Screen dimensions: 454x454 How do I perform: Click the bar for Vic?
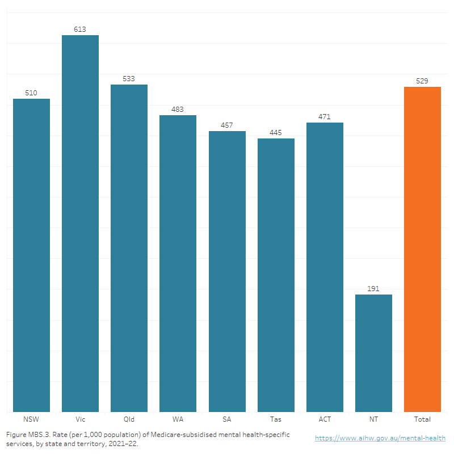tap(80, 224)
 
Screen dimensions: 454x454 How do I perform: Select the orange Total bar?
tap(422, 249)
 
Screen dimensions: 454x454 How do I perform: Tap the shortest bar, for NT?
tap(373, 353)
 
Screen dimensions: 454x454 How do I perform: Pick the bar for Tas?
tap(276, 275)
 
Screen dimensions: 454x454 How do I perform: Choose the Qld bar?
tap(129, 248)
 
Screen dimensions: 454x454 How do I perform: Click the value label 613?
tap(80, 29)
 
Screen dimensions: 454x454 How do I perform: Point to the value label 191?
tap(373, 288)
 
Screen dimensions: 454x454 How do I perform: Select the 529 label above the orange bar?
tap(422, 81)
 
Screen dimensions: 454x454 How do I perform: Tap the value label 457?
tap(227, 125)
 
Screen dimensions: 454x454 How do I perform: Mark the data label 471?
tap(325, 116)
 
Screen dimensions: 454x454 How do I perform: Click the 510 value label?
tap(31, 93)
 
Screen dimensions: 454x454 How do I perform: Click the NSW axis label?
tap(31, 419)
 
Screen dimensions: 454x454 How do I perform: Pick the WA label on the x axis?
tap(178, 419)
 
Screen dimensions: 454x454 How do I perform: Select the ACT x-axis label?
tap(325, 419)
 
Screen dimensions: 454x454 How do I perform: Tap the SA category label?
tap(227, 419)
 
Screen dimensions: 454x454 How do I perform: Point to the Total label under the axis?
tap(422, 419)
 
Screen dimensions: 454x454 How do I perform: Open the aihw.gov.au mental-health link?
tap(380, 438)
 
